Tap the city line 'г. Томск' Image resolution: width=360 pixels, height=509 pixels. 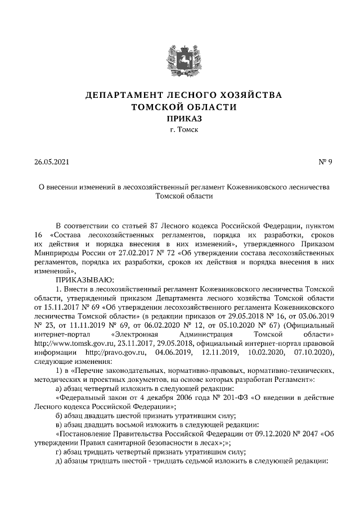click(x=180, y=130)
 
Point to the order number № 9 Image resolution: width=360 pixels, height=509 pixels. click(x=326, y=163)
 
